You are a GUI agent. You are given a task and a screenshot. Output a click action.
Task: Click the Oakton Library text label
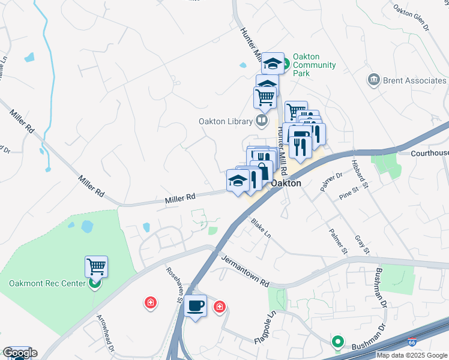pyautogui.click(x=225, y=121)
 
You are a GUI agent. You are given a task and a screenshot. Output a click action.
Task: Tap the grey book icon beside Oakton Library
pyautogui.click(x=261, y=121)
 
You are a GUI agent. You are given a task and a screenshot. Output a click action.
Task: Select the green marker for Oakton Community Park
pyautogui.click(x=287, y=62)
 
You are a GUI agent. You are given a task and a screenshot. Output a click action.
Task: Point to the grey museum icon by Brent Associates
pyautogui.click(x=374, y=80)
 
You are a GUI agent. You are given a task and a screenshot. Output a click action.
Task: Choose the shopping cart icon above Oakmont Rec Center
pyautogui.click(x=96, y=266)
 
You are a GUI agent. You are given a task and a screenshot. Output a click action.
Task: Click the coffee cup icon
pyautogui.click(x=196, y=305)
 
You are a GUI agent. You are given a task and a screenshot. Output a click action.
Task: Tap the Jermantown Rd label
pyautogui.click(x=245, y=271)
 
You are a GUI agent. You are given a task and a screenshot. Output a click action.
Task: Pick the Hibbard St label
pyautogui.click(x=364, y=174)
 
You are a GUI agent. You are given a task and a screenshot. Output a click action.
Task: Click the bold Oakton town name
pyautogui.click(x=286, y=184)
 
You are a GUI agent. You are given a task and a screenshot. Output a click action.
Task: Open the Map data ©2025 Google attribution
pyautogui.click(x=412, y=355)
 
